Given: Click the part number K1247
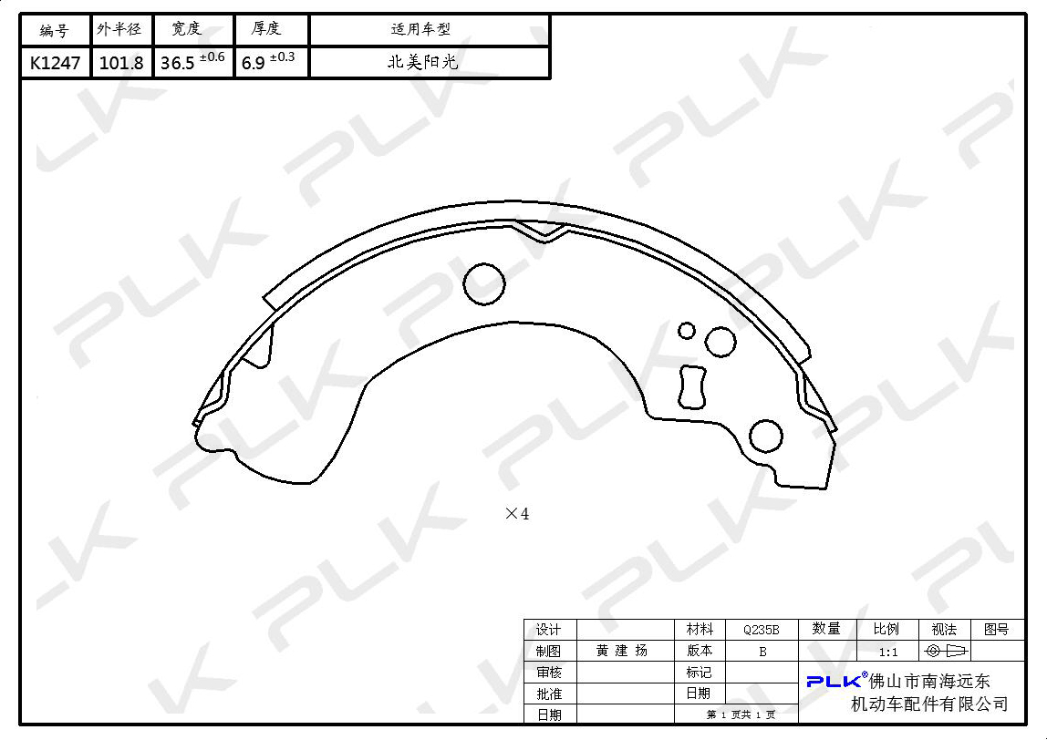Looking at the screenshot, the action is pos(56,64).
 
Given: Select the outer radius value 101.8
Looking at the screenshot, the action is pos(121,64).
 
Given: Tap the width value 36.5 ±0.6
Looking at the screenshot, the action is pos(192,61).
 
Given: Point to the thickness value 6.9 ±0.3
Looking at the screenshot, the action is pos(268,61).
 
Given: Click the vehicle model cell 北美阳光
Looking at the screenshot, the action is pos(423,62).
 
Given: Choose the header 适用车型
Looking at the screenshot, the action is pos(420,29).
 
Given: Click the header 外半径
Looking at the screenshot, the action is pos(119,29).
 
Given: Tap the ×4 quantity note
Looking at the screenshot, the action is pos(517,513).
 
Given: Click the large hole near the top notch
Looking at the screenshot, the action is pos(484,283).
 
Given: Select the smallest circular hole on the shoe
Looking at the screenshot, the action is pos(687,330).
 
